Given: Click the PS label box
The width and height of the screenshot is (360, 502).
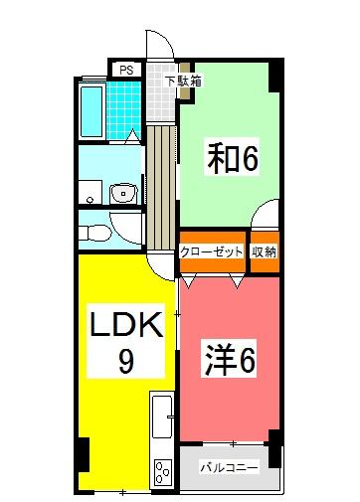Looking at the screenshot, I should pyautogui.click(x=125, y=70).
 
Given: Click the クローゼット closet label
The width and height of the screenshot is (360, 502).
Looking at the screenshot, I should pyautogui.click(x=212, y=251).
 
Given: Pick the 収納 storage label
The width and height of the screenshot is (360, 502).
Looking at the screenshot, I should pyautogui.click(x=264, y=251).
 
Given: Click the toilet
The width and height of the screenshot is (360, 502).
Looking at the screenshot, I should pyautogui.click(x=93, y=231).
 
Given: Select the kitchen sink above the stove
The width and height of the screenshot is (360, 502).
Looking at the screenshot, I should pyautogui.click(x=161, y=418).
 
